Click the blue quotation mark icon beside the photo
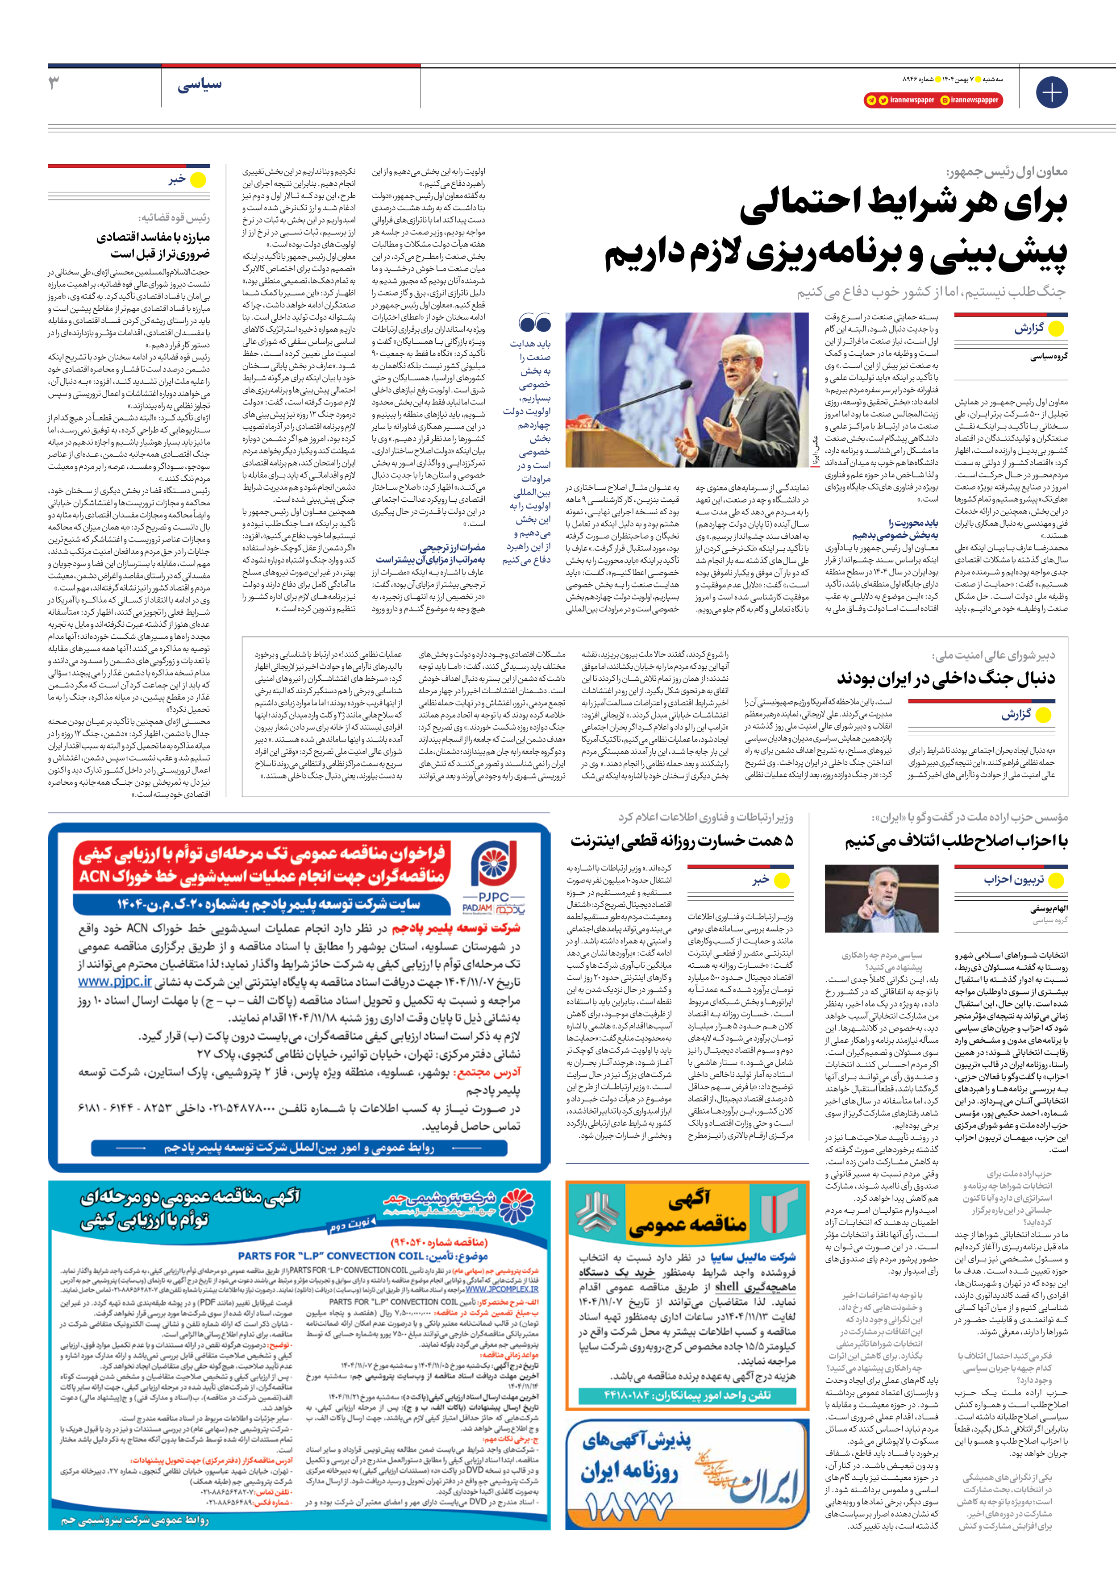click(x=534, y=324)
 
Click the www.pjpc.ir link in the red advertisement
click(x=115, y=982)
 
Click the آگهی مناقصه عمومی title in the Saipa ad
click(x=686, y=1212)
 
